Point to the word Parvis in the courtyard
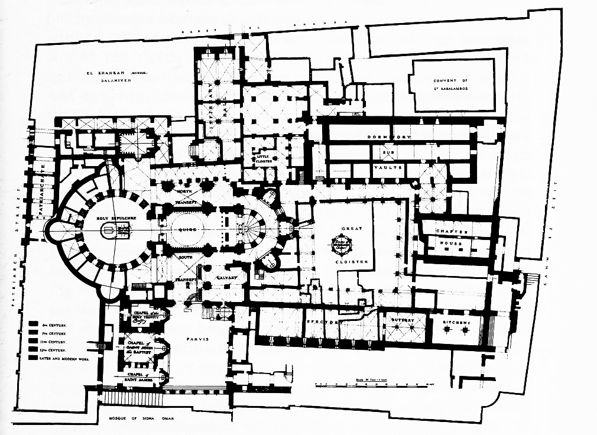point(199,340)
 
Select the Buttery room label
point(404,321)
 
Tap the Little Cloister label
point(262,158)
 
